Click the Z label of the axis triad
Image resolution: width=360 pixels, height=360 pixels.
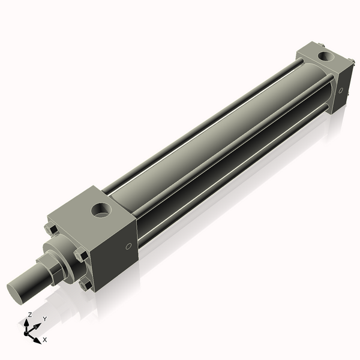(30, 314)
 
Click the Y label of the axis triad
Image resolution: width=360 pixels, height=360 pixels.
(44, 319)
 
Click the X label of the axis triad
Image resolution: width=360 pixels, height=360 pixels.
(44, 340)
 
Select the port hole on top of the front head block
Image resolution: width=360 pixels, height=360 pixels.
(100, 211)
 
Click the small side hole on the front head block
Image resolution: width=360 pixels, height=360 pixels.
(128, 247)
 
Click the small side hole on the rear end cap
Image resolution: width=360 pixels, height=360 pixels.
(341, 91)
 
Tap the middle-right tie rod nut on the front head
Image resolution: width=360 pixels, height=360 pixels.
(81, 256)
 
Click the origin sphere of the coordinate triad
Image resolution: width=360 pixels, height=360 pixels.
(28, 332)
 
